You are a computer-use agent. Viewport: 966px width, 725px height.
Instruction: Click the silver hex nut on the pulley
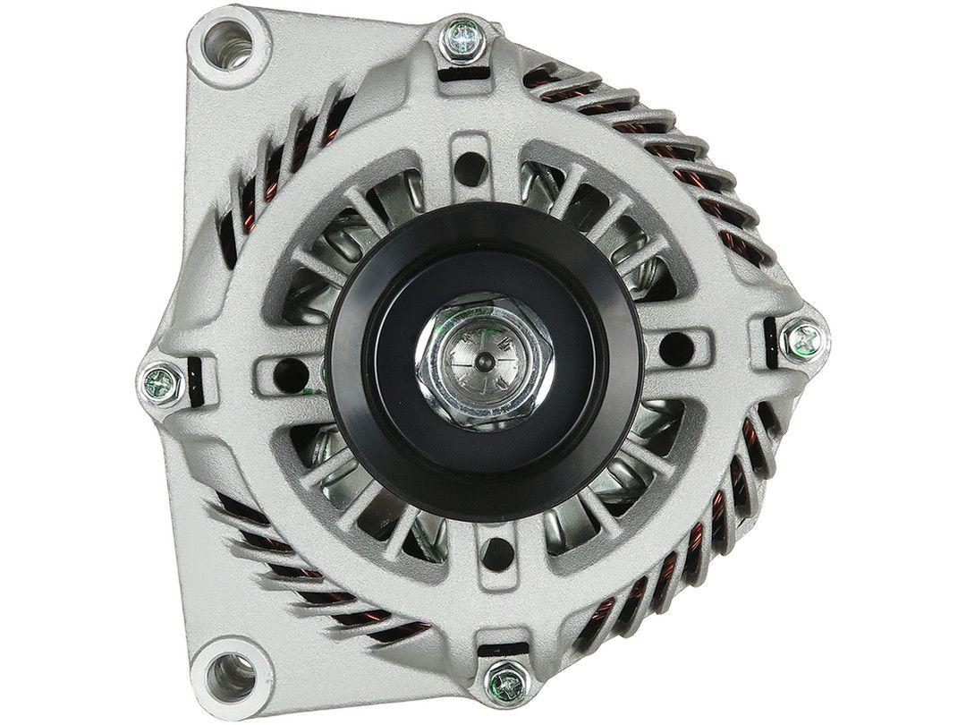[x=482, y=361]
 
